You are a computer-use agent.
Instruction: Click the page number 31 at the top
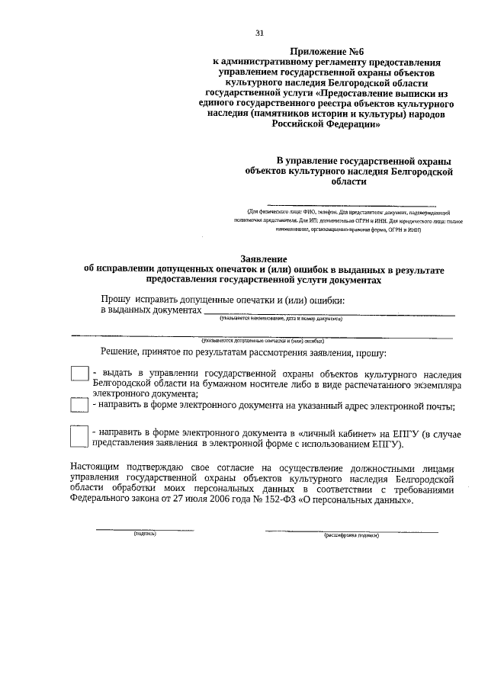tap(259, 33)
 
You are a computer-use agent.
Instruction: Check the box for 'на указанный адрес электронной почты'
tap(79, 404)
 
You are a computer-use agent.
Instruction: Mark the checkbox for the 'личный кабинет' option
tap(79, 436)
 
